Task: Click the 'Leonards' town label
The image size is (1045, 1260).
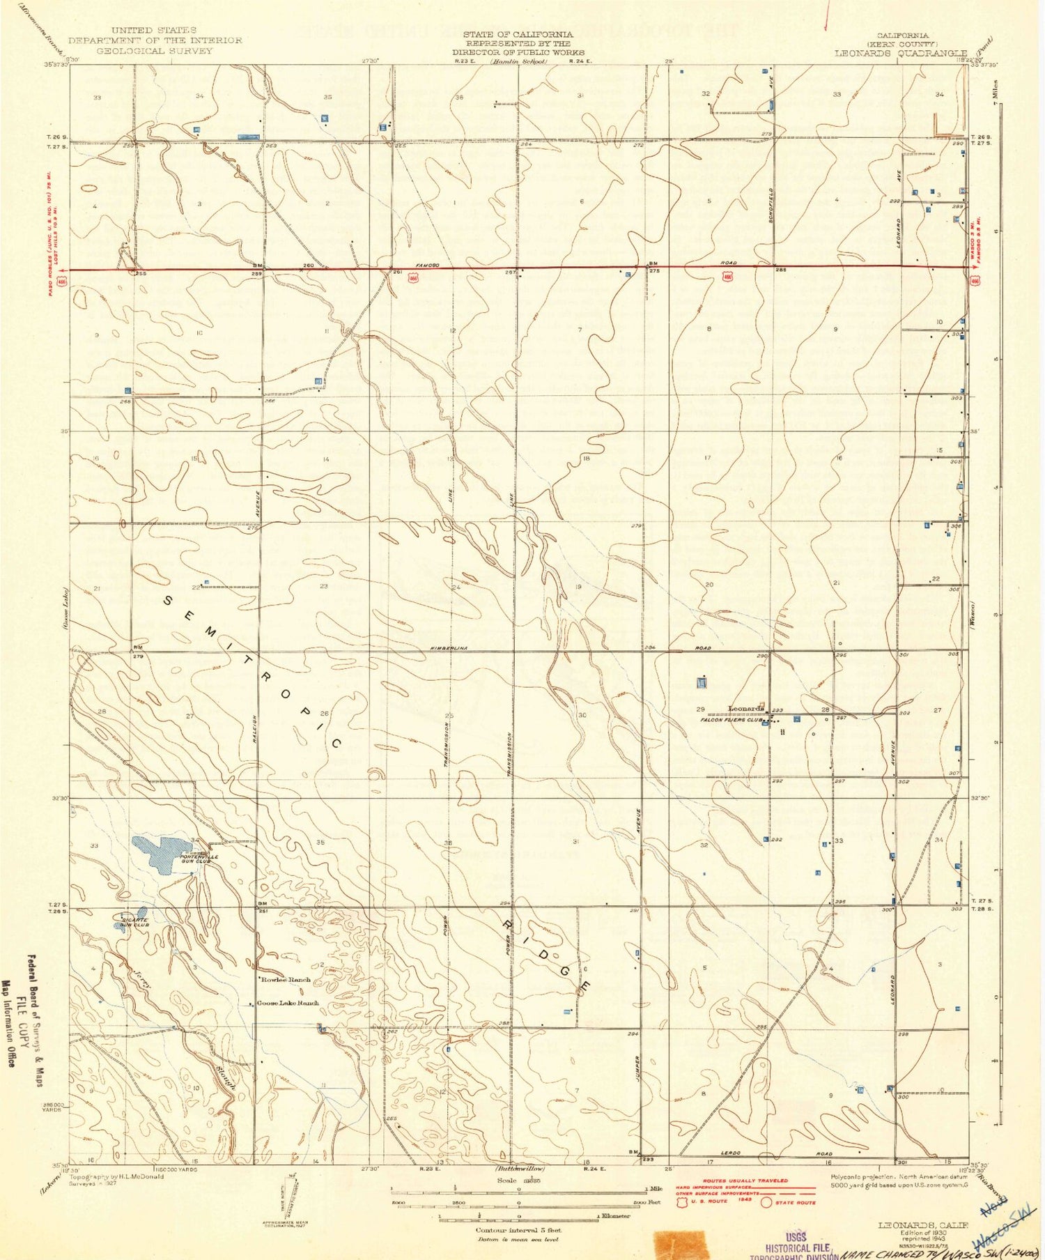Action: pyautogui.click(x=746, y=709)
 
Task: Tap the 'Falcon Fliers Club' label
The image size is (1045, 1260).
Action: pyautogui.click(x=732, y=722)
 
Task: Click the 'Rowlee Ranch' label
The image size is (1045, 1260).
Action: pyautogui.click(x=285, y=980)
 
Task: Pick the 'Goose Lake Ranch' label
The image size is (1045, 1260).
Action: pyautogui.click(x=288, y=1004)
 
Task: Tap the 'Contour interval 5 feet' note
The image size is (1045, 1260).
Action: pyautogui.click(x=518, y=1230)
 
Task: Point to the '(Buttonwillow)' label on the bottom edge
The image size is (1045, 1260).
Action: pyautogui.click(x=520, y=1168)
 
